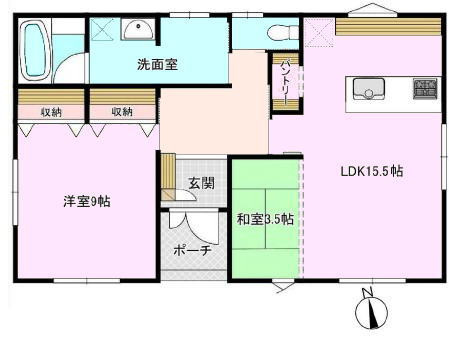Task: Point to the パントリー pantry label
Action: point(284,78)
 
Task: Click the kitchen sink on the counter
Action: point(364,88)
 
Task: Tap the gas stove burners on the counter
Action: point(423,89)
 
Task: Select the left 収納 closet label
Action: point(50,111)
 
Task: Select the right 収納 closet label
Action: point(122,111)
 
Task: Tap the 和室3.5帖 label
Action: point(265,219)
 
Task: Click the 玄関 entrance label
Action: point(201,183)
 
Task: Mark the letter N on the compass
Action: point(367,293)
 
